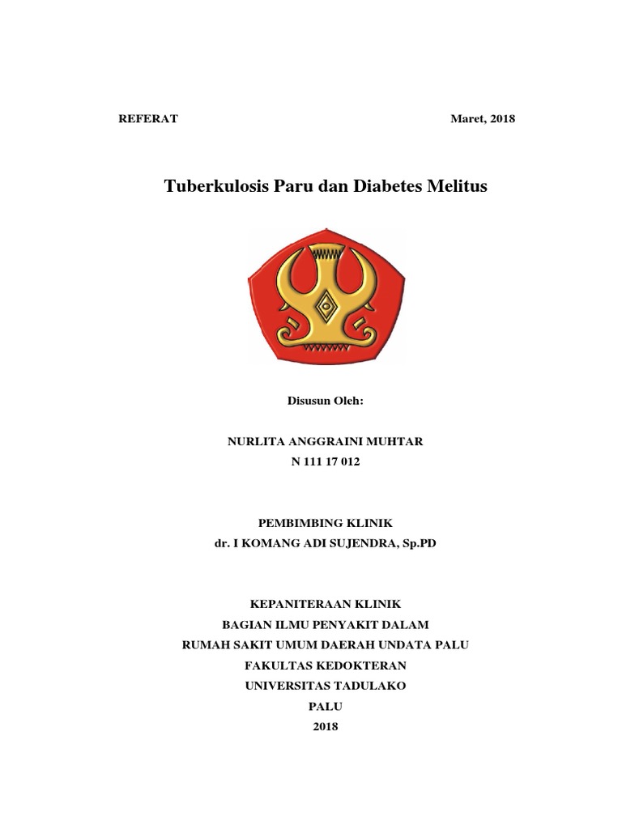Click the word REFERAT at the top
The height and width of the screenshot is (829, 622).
(148, 119)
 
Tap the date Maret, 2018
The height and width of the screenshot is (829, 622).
(483, 119)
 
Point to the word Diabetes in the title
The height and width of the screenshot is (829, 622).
(387, 187)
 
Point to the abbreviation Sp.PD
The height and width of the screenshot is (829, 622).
(420, 545)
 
